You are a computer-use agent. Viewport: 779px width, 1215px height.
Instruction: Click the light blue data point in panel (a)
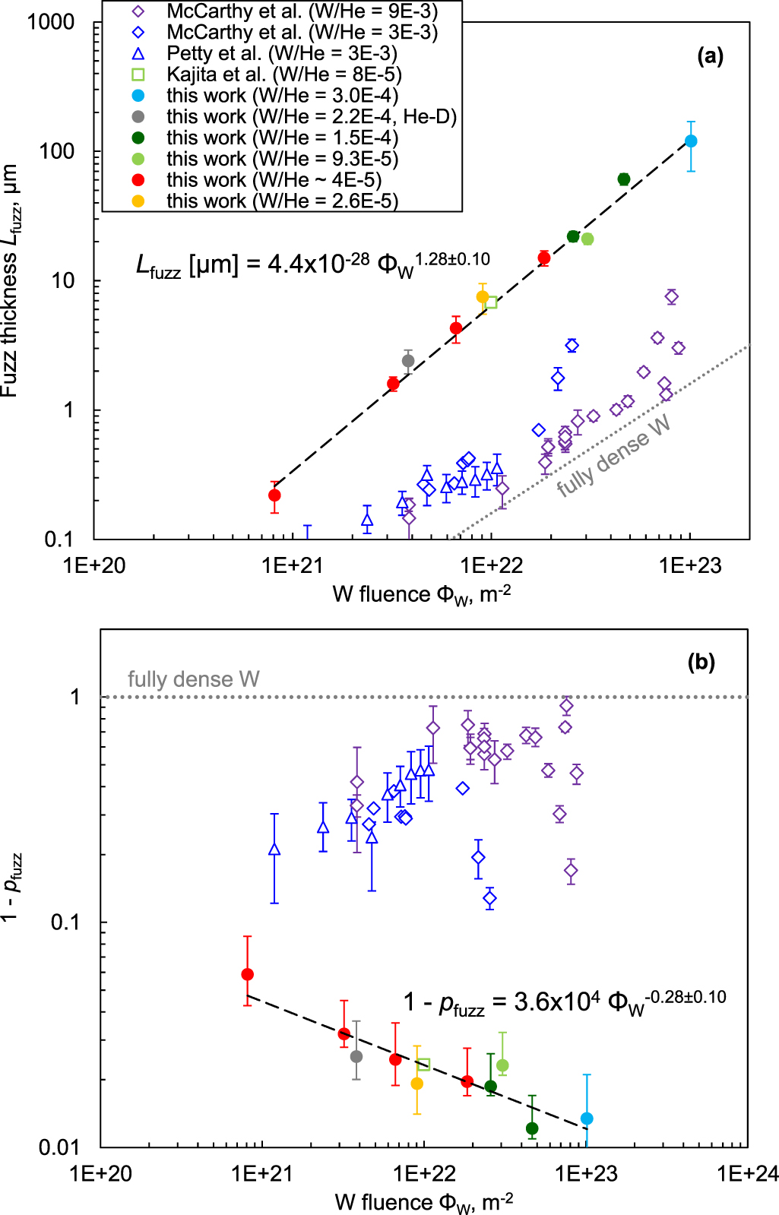(691, 141)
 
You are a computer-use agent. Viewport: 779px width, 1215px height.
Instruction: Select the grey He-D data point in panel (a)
(408, 361)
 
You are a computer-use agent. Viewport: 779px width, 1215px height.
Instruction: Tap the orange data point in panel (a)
(483, 297)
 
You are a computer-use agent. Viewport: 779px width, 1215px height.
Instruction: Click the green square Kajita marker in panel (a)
(492, 302)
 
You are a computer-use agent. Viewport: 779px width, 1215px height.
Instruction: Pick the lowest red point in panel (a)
(274, 495)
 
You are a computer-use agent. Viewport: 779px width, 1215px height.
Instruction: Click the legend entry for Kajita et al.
(283, 74)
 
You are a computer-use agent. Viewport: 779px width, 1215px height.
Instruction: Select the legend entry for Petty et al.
(281, 53)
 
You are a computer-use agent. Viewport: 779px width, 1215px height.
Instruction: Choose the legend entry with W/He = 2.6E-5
(282, 201)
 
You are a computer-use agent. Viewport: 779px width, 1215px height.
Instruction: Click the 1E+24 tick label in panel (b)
(747, 1174)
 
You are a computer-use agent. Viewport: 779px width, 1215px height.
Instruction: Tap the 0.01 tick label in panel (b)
(59, 1147)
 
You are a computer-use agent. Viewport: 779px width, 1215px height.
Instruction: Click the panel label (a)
(710, 56)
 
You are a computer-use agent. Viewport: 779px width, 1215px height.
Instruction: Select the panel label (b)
(701, 663)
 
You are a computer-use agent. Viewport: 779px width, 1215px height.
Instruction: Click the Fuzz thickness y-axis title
(11, 281)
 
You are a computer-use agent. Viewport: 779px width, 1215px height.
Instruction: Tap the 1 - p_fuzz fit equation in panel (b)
(564, 1002)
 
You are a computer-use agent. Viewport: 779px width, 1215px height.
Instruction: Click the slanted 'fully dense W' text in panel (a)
(614, 456)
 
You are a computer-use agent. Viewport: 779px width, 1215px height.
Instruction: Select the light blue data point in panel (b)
(586, 1118)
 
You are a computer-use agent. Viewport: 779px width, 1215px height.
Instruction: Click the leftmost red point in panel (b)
(247, 975)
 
